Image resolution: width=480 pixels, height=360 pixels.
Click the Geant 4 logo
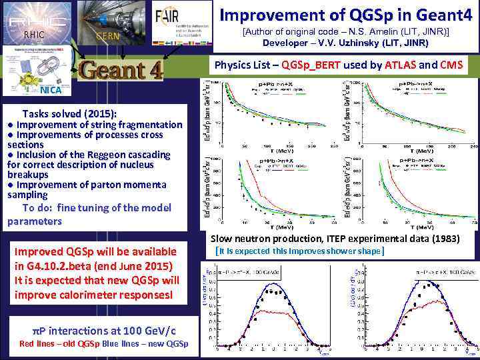(121, 71)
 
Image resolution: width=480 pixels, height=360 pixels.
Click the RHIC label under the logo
(33, 35)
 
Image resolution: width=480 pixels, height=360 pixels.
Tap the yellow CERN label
(106, 36)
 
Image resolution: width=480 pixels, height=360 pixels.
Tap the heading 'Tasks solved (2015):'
(69, 114)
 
